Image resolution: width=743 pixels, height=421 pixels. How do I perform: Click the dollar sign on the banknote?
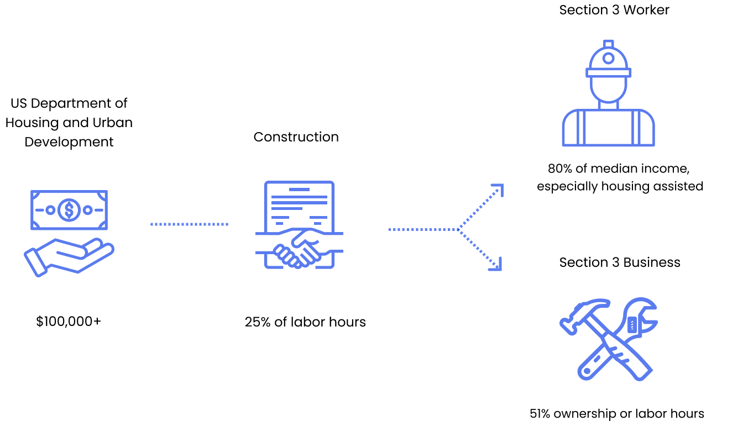tap(69, 210)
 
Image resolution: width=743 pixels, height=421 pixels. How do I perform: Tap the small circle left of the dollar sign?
tap(50, 210)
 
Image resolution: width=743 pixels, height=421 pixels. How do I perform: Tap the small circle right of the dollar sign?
tap(87, 210)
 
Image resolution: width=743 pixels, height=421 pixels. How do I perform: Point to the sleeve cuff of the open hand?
tap(35, 263)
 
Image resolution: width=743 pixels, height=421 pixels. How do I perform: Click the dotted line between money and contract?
tap(189, 224)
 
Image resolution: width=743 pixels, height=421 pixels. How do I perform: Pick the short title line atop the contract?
tap(299, 190)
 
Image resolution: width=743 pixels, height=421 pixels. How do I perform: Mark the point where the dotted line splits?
tap(458, 229)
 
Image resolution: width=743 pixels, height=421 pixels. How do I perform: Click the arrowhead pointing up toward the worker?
tap(499, 188)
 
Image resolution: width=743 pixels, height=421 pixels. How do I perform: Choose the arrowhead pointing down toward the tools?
tap(497, 266)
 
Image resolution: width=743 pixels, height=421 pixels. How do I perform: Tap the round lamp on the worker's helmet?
tap(608, 58)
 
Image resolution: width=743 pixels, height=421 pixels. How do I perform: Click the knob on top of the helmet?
tap(608, 44)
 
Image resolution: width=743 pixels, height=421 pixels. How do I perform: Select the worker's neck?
tap(608, 105)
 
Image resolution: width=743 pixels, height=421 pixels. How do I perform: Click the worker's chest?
tap(608, 128)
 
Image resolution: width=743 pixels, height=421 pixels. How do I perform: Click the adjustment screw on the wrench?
tap(632, 324)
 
